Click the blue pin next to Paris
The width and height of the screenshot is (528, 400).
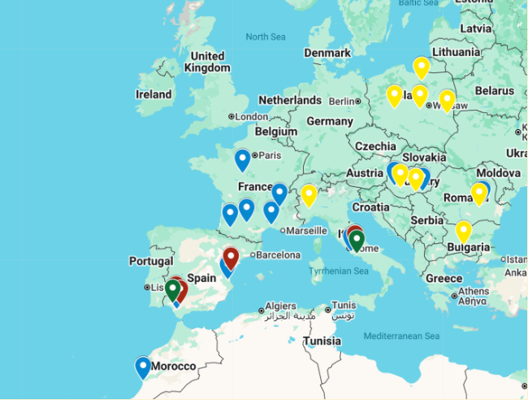pos(242,159)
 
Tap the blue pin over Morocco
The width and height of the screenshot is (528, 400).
pos(143,366)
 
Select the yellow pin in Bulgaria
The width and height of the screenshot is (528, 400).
pos(463,230)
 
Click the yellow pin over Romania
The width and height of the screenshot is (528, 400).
pos(479,192)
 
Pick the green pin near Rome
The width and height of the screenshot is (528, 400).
pos(357,239)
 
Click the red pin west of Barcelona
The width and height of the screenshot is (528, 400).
pos(231,257)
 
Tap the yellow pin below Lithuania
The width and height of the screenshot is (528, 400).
pos(421,67)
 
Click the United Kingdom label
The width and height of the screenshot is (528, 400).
pos(206,62)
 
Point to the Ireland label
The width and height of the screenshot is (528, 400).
pos(154,94)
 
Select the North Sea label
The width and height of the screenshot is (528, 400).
pos(266,37)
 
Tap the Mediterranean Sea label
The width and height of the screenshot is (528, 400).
pos(401,336)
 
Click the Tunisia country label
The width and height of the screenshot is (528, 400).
pos(322,341)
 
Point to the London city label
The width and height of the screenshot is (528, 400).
pos(251,116)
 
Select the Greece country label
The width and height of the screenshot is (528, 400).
pos(444,278)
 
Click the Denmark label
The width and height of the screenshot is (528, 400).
pos(327,53)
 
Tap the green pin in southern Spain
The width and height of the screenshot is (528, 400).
pos(172,289)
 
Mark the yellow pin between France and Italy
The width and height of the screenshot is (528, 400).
pos(309,194)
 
